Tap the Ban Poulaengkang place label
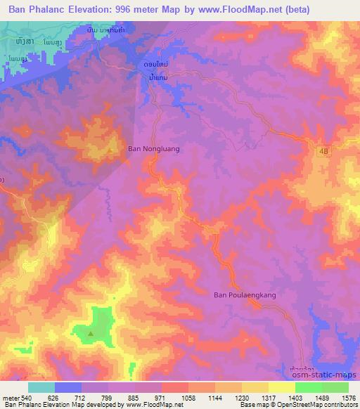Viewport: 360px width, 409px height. (x=245, y=295)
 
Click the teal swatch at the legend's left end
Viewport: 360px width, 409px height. (x=41, y=387)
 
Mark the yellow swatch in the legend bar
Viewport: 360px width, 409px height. (x=281, y=387)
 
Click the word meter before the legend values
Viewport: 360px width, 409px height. (x=11, y=398)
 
